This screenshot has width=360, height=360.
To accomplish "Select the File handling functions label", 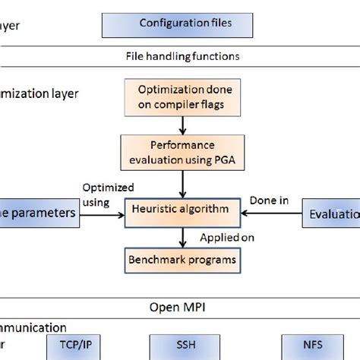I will pyautogui.click(x=182, y=56).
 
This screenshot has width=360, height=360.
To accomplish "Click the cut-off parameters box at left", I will pyautogui.click(x=39, y=213).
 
